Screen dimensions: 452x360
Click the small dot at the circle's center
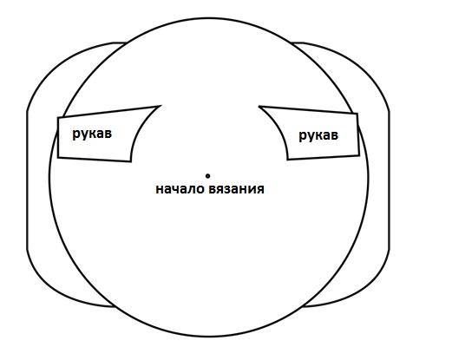(x=207, y=175)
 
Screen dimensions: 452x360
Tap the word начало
(x=180, y=189)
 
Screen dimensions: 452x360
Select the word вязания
(x=236, y=189)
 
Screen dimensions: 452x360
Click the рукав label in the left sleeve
(x=92, y=134)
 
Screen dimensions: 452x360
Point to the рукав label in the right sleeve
(x=318, y=135)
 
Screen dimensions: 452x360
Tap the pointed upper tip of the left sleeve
(x=160, y=106)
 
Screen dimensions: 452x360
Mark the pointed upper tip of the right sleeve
(x=259, y=107)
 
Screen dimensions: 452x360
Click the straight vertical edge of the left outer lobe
(x=28, y=180)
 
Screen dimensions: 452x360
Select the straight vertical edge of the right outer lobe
(x=389, y=180)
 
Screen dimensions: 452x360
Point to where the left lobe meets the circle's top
(x=127, y=43)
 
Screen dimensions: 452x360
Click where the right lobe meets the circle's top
(x=292, y=43)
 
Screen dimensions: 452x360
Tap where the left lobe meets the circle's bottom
(x=115, y=306)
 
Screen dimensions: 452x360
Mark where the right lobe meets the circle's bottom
(x=303, y=306)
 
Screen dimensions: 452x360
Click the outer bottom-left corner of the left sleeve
(x=58, y=158)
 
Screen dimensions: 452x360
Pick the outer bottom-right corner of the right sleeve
(x=359, y=155)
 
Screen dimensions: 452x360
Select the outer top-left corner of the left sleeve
(x=58, y=117)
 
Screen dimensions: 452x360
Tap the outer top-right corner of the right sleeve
(x=357, y=114)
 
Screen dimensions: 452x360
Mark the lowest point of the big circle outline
(x=209, y=337)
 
